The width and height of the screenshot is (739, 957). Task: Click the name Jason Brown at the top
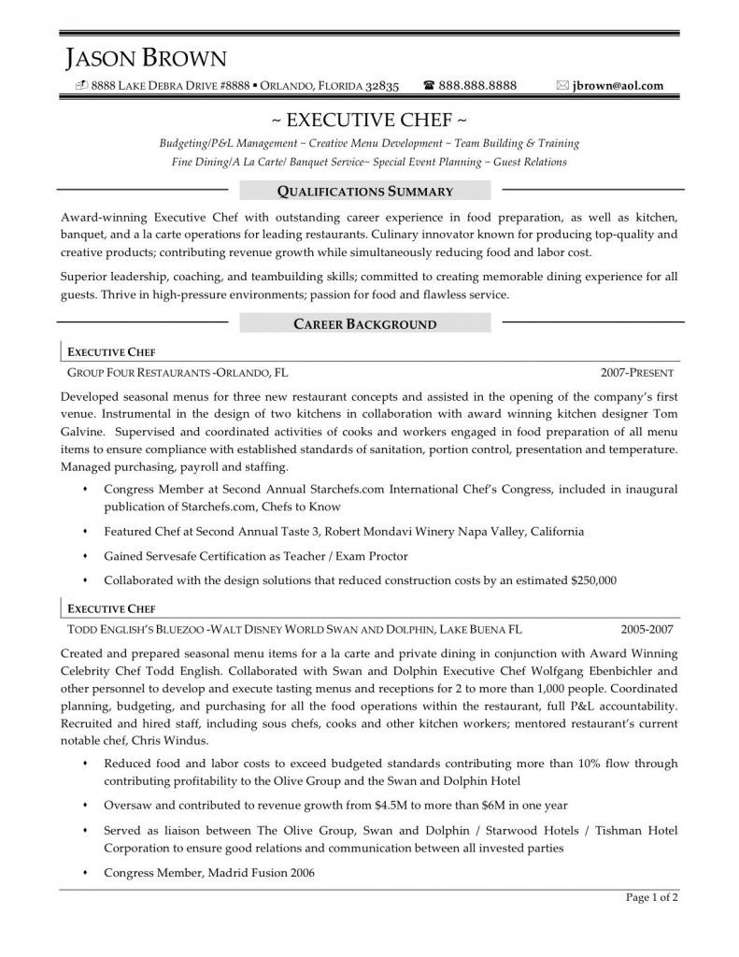click(147, 60)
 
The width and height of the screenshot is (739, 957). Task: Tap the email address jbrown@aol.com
click(618, 86)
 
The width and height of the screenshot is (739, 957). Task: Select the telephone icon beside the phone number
click(429, 86)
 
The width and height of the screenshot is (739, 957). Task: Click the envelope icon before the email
click(562, 86)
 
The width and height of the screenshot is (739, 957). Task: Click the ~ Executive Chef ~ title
click(369, 121)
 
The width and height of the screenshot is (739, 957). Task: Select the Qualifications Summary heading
click(365, 192)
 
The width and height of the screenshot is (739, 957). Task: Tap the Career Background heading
click(365, 324)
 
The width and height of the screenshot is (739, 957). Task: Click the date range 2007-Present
click(637, 372)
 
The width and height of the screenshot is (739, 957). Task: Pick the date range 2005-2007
click(647, 628)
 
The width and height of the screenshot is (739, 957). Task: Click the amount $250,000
click(593, 580)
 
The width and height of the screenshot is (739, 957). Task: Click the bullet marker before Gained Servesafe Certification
click(86, 556)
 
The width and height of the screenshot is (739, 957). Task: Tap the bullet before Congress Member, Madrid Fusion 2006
click(86, 873)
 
